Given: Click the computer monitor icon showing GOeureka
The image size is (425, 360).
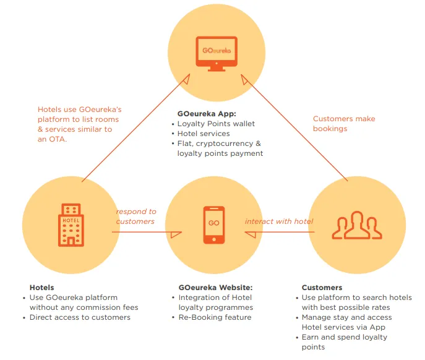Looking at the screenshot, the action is pyautogui.click(x=217, y=54).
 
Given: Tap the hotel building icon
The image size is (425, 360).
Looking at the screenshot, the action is pyautogui.click(x=71, y=225).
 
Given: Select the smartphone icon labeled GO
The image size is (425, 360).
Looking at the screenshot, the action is pyautogui.click(x=214, y=225).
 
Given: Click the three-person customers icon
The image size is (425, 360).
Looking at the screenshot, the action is pyautogui.click(x=357, y=225).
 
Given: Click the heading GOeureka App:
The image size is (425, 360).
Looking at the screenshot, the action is pyautogui.click(x=207, y=114).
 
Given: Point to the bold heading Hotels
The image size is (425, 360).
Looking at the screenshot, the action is pyautogui.click(x=41, y=288).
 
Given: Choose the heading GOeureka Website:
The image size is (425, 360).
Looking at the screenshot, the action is pyautogui.click(x=215, y=288).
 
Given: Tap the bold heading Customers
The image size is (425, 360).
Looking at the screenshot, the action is pyautogui.click(x=322, y=288).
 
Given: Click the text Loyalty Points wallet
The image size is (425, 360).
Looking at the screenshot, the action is pyautogui.click(x=216, y=124).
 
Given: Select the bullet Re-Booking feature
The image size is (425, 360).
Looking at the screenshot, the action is pyautogui.click(x=215, y=317).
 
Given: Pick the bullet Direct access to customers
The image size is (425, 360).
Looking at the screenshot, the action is pyautogui.click(x=80, y=317).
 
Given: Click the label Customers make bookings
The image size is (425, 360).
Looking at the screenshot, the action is pyautogui.click(x=344, y=124).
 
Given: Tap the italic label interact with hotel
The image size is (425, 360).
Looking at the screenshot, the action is pyautogui.click(x=279, y=221).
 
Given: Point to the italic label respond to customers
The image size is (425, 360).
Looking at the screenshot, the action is pyautogui.click(x=136, y=216).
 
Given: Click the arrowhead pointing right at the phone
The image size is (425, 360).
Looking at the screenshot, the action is pyautogui.click(x=176, y=234).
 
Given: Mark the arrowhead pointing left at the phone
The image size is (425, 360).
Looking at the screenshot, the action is pyautogui.click(x=250, y=234).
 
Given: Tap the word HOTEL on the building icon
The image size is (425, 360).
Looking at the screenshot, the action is pyautogui.click(x=71, y=220).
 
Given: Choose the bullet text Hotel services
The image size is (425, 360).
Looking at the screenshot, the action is pyautogui.click(x=204, y=134).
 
